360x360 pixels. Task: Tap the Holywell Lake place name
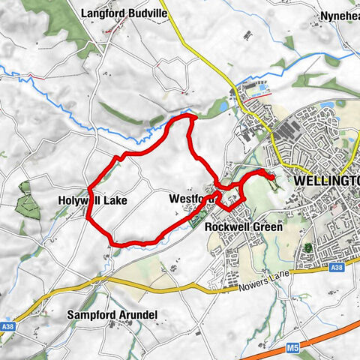click(92, 201)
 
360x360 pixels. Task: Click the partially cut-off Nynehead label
click(340, 15)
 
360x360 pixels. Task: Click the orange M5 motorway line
click(330, 336)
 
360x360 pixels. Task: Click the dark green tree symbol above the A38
click(306, 248)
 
